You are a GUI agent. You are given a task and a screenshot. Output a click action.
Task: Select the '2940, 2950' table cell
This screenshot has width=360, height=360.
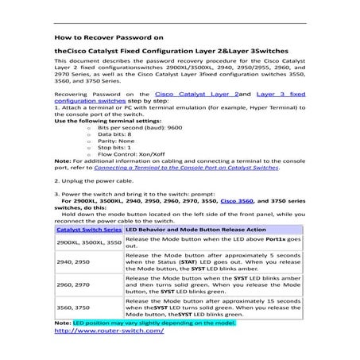pyautogui.click(x=72, y=261)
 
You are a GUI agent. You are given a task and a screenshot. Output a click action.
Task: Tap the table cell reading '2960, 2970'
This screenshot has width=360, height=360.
pyautogui.click(x=72, y=284)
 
